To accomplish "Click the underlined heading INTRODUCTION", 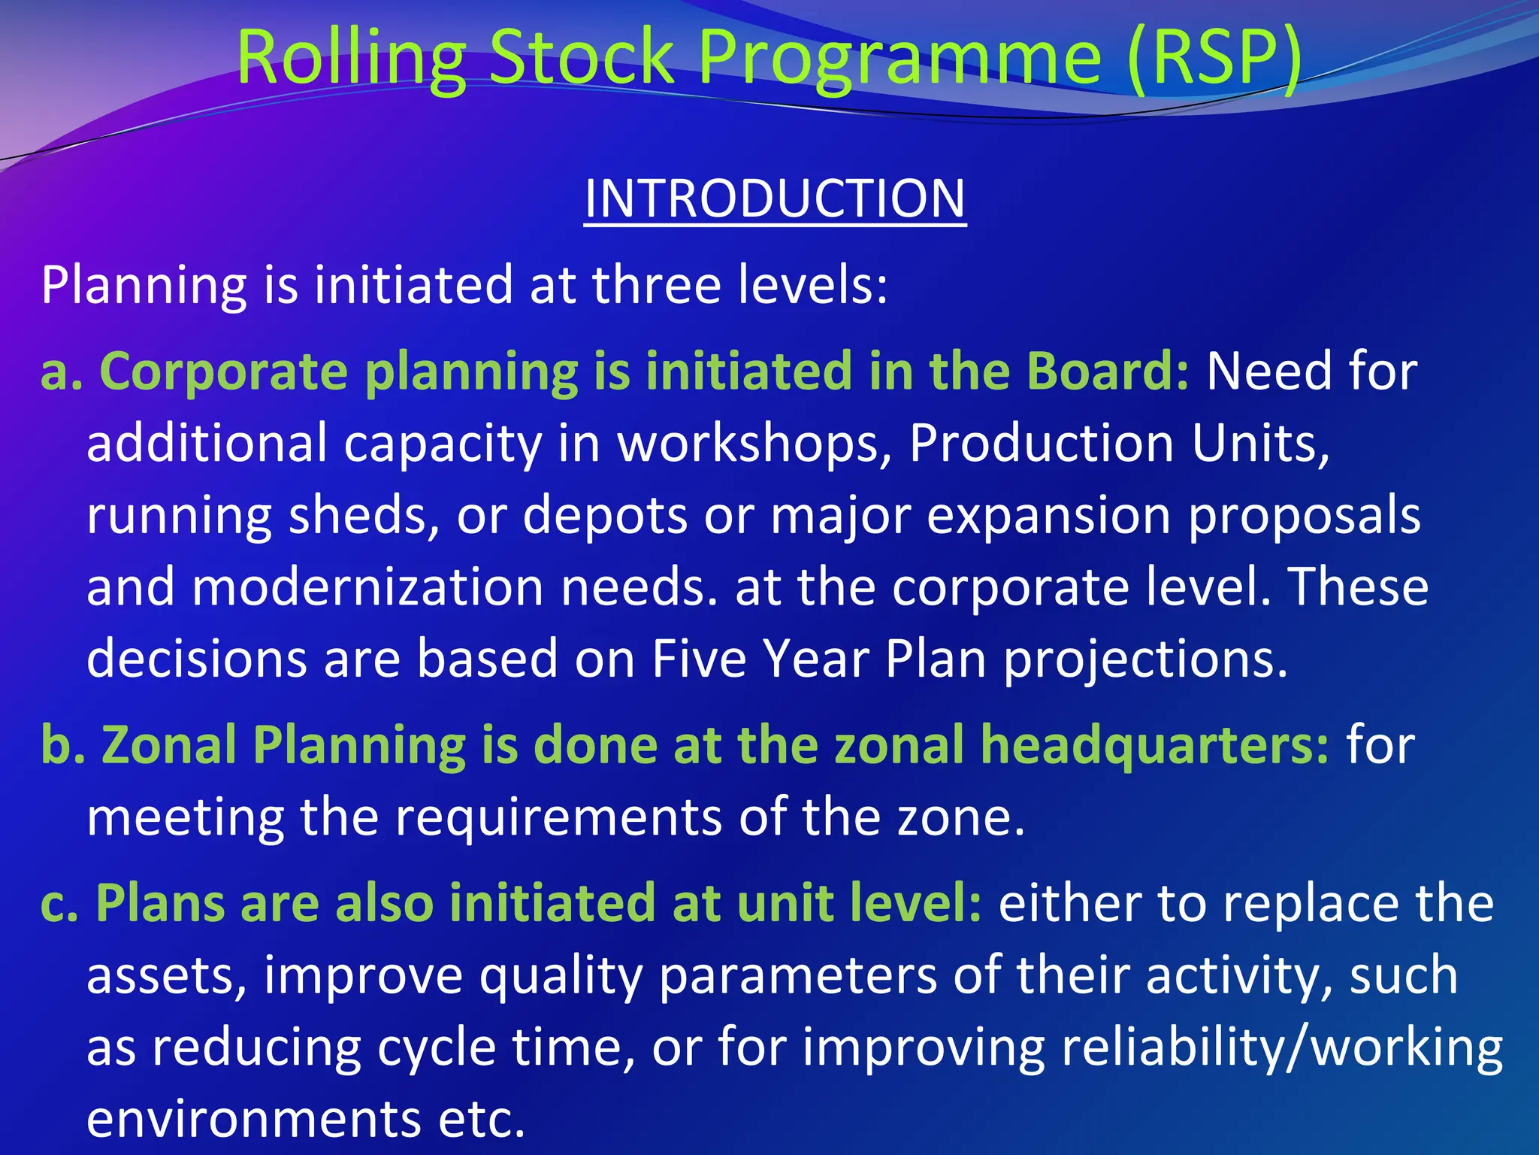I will pyautogui.click(x=775, y=199).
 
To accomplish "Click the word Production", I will pyautogui.click(x=1042, y=444).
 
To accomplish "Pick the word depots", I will pyautogui.click(x=605, y=516).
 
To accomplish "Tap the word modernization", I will pyautogui.click(x=367, y=587).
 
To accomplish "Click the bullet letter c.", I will pyautogui.click(x=57, y=903).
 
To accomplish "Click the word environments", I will pyautogui.click(x=253, y=1119).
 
